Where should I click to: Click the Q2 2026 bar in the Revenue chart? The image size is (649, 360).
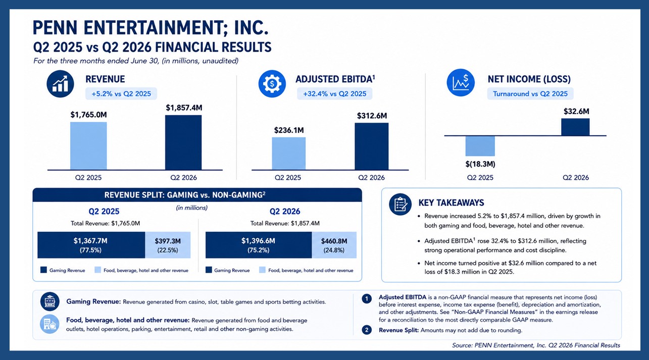183,142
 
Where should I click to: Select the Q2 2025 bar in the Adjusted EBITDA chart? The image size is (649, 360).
288,153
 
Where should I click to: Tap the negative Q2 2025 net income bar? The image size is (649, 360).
480,146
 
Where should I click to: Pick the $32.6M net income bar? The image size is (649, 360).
575,127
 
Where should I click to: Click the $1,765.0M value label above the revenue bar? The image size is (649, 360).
89,115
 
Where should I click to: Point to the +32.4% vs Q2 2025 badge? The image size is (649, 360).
335,94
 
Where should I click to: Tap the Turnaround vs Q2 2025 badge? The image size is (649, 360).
530,94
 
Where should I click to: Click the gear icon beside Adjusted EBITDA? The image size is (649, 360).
272,84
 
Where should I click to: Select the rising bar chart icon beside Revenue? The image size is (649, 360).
60,84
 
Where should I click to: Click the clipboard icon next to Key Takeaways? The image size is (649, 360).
400,204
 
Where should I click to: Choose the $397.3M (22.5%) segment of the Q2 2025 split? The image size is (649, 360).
168,245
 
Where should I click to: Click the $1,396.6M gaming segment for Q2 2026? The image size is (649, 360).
259,245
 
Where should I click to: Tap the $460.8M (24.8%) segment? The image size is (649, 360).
334,245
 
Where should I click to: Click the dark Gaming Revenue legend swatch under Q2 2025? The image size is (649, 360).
43,270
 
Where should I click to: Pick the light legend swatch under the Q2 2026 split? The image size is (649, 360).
262,270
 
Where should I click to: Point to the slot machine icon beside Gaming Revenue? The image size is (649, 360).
50,301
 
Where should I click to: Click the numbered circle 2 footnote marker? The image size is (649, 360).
367,330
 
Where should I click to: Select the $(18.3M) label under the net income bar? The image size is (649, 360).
480,164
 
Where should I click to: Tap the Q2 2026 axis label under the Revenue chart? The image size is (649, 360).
183,178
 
